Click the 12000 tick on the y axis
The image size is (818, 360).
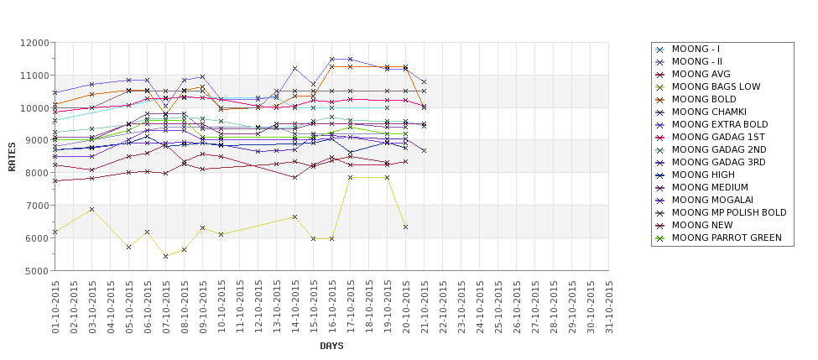(x=34, y=43)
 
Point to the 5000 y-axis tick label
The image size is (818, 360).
(x=36, y=271)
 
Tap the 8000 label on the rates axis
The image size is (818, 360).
(x=36, y=173)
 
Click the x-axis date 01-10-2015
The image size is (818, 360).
(x=55, y=307)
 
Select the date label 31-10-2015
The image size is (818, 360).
(x=610, y=307)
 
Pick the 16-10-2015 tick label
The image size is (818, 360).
(x=332, y=307)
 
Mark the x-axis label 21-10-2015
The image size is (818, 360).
(x=425, y=307)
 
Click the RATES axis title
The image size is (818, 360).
(x=12, y=156)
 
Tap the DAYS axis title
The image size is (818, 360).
(x=331, y=346)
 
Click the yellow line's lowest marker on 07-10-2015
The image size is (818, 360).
(x=165, y=256)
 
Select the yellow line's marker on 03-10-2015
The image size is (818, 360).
(x=91, y=209)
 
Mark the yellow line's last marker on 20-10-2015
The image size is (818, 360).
(x=405, y=227)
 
